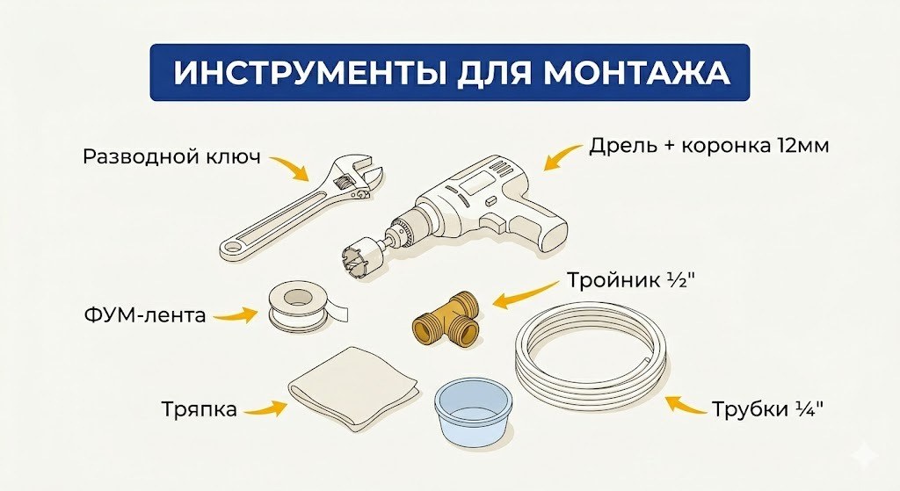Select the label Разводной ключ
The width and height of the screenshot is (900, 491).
click(172, 157)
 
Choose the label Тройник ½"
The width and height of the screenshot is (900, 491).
click(627, 284)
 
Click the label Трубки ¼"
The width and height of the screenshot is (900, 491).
click(768, 409)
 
